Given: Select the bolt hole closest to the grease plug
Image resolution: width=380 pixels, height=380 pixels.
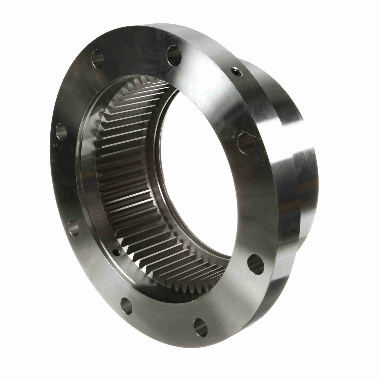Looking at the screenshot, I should pyautogui.click(x=174, y=56).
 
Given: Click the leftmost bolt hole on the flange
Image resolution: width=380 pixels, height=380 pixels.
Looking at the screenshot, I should pyautogui.click(x=61, y=132).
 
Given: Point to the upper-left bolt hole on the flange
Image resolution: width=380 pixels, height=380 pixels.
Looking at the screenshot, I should pyautogui.click(x=98, y=59).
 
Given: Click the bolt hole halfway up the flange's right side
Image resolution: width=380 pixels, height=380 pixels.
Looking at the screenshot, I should pyautogui.click(x=246, y=143).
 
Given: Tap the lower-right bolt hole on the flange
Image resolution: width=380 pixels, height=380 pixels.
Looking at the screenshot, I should pyautogui.click(x=256, y=264).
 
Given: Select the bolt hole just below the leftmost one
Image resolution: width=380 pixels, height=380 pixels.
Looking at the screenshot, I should pyautogui.click(x=73, y=228).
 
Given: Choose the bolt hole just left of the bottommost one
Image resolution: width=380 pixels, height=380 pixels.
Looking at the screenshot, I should pyautogui.click(x=126, y=306).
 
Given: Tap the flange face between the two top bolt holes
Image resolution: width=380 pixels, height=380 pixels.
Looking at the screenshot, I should pyautogui.click(x=136, y=47).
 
